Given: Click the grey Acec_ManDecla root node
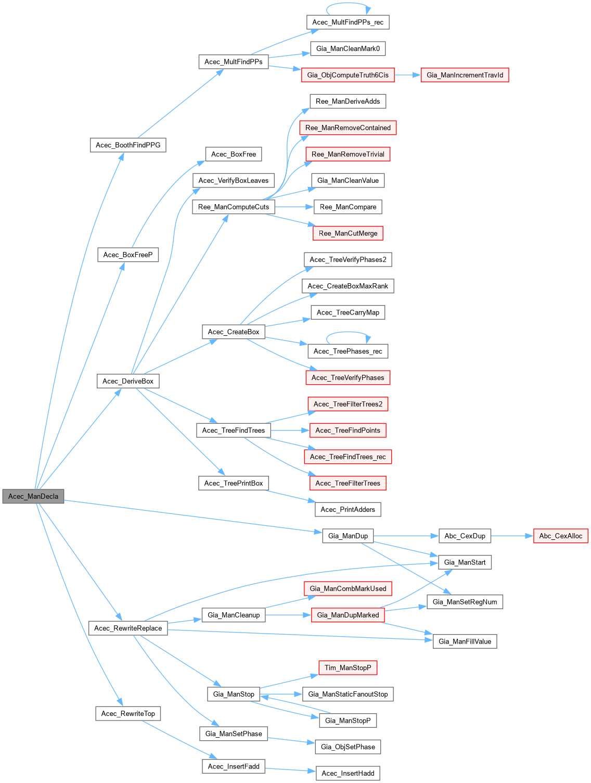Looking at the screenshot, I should point(33,496).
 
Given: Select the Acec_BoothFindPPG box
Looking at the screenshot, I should point(128,145).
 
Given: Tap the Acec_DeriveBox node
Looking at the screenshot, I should point(128,381).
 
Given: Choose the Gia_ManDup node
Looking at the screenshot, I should point(348,536).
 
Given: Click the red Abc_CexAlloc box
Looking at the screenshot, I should point(560,536).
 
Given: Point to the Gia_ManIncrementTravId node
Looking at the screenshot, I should point(465,75).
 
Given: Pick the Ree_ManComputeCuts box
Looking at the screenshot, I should point(234,207).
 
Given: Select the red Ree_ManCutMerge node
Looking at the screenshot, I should point(348,233).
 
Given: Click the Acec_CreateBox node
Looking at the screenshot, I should point(234,332).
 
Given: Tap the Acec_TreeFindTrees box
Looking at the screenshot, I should point(234,430).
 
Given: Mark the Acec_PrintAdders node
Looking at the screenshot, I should point(348,509).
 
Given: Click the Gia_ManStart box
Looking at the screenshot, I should point(465,562).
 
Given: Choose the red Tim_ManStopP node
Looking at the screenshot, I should point(348,667).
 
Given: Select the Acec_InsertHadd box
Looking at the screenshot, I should point(348,773).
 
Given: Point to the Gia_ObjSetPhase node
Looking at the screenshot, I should point(348,747).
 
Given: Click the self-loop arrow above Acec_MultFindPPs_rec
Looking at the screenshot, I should point(348,4).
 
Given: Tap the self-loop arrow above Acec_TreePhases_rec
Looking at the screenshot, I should point(348,332).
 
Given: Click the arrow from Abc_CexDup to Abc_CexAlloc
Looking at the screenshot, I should point(512,536).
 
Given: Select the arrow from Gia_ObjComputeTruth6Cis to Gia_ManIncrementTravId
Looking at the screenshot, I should point(407,75).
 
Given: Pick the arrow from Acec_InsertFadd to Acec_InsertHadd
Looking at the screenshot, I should point(290,769).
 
